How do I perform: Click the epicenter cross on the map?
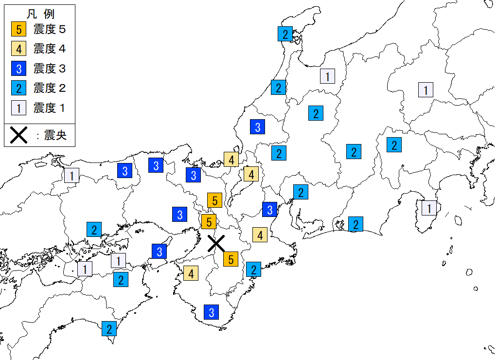216,243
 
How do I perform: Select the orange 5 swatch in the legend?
18,29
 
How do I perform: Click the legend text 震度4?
49,49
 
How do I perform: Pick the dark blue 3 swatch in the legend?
18,69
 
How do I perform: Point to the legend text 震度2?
49,88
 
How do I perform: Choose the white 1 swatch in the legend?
18,108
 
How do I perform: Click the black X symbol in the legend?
18,135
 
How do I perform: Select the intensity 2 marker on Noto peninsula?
285,35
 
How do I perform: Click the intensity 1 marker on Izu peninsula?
429,208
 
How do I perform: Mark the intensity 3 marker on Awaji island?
159,251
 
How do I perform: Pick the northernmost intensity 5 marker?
214,200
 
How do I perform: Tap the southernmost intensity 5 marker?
231,259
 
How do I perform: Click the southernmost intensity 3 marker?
211,312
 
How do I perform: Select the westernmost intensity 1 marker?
72,175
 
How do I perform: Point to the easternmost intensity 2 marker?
394,144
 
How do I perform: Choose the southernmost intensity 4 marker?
191,273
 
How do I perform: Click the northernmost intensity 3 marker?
258,127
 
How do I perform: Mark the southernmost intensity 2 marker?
109,329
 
